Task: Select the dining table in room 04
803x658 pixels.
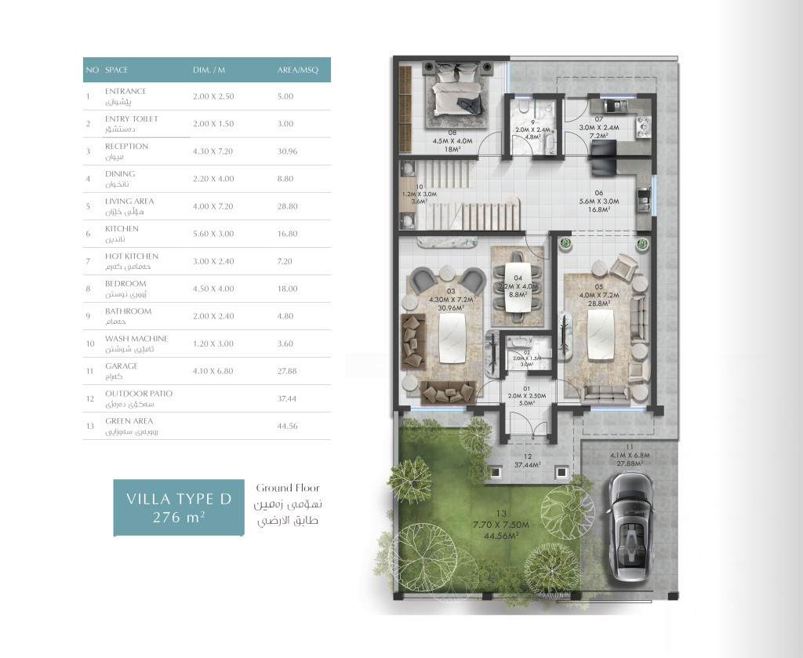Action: pyautogui.click(x=518, y=287)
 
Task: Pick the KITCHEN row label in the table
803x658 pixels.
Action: pyautogui.click(x=122, y=229)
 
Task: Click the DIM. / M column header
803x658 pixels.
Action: pyautogui.click(x=209, y=71)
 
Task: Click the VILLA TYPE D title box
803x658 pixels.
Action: pyautogui.click(x=180, y=507)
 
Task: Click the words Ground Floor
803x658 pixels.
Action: pyautogui.click(x=288, y=488)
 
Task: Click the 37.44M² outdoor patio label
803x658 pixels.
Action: pyautogui.click(x=523, y=464)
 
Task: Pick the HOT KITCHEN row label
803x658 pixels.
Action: pyautogui.click(x=132, y=256)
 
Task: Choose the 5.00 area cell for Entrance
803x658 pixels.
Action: pyautogui.click(x=285, y=96)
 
